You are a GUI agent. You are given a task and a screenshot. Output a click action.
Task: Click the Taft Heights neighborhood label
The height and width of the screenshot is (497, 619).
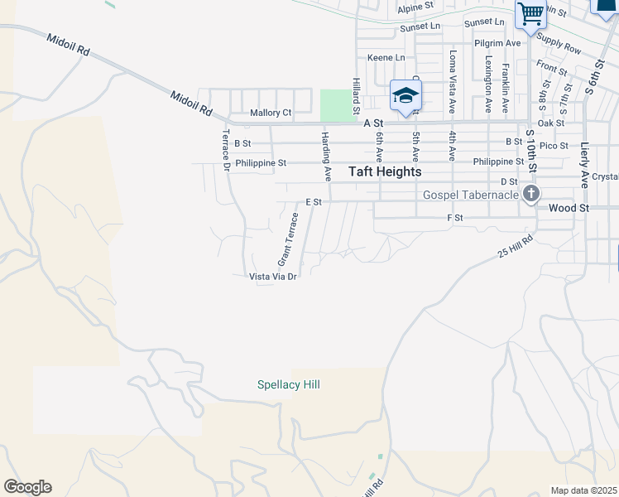(x=385, y=171)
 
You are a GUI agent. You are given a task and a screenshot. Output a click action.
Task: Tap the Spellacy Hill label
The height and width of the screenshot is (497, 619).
(x=288, y=384)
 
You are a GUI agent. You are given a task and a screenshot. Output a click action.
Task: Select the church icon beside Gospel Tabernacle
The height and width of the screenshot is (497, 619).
(x=530, y=195)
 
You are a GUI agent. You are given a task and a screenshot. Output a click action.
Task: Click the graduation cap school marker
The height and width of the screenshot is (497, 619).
(x=405, y=96)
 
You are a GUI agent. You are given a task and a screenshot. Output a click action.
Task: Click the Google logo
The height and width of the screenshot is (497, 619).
(x=27, y=487)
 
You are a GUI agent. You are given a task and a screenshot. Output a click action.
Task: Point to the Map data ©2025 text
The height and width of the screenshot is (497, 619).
(x=583, y=490)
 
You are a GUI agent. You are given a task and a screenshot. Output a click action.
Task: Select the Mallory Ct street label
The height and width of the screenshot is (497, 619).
(x=271, y=113)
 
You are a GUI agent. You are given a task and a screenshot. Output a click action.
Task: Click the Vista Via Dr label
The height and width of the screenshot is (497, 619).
(x=273, y=277)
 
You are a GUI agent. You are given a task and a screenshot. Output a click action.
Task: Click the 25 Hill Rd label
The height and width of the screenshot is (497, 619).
(x=516, y=246)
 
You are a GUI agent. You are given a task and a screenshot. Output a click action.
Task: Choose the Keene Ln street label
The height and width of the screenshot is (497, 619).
(x=386, y=58)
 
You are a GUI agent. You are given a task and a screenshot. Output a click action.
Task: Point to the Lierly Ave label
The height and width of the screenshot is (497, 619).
(x=584, y=163)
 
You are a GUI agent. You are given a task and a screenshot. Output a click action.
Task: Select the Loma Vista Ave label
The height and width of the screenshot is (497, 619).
(x=452, y=80)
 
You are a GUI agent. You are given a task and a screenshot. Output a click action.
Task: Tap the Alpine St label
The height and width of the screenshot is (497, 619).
(x=415, y=7)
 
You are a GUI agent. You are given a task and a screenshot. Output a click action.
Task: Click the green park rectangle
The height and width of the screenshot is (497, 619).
(x=335, y=104)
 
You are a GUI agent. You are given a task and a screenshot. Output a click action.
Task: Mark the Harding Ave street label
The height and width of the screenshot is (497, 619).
(x=326, y=156)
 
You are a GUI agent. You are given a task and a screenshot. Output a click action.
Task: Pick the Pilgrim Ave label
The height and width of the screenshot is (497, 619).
(x=497, y=43)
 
